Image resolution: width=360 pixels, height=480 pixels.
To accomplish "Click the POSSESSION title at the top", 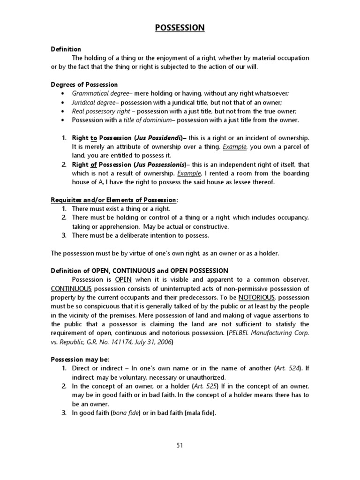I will (180, 28).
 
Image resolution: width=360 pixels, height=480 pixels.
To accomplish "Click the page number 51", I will (180, 446).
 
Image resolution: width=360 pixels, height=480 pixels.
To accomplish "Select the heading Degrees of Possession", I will (84, 84).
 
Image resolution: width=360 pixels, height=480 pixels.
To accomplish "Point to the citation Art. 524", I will (288, 369).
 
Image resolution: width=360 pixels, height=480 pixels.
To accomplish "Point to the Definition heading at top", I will (66, 49).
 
